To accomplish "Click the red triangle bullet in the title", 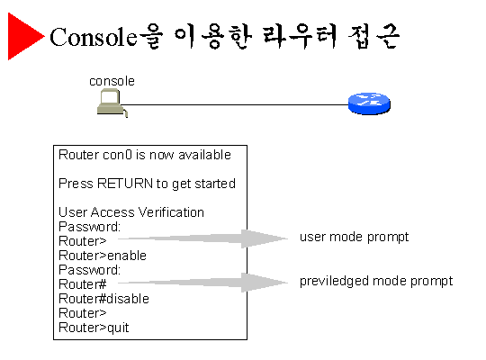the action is coord(23,36).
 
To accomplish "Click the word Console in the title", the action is coord(94,37).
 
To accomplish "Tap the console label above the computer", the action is coord(112,81).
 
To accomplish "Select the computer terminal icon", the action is coord(112,103).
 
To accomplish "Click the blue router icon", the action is coord(369,103).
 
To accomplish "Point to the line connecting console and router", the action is coord(235,104).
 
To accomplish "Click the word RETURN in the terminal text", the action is coord(125,184).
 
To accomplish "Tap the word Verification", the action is coord(171,212).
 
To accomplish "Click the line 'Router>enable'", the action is coord(103,256).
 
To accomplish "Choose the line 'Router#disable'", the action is coord(103,299).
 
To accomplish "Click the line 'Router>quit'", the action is coord(94,328).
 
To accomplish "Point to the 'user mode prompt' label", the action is coord(354,238).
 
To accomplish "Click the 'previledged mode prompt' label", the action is coord(376,281).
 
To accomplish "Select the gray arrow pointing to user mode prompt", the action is coord(203,238).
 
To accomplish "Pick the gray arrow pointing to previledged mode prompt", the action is coord(203,283).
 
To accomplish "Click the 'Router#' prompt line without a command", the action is coord(83,284).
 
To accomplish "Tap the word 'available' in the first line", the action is coord(204,155).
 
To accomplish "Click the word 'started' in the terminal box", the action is coord(215,184).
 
